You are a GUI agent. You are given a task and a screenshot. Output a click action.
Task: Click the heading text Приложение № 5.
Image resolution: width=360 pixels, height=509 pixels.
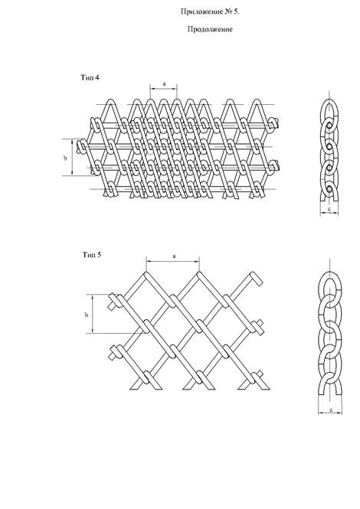pos(210,12)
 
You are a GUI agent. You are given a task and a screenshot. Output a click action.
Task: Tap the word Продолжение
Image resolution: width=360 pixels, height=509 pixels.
pos(210,29)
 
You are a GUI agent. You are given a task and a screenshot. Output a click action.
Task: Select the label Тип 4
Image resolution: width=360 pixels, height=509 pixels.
pos(90,77)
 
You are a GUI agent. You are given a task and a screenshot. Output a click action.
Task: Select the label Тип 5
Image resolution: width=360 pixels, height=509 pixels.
pos(92,255)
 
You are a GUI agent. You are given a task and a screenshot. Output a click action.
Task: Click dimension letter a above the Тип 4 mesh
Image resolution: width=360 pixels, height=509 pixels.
pos(164,83)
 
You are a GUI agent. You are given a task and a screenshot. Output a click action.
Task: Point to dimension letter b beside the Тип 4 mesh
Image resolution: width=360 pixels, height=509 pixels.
pos(65,158)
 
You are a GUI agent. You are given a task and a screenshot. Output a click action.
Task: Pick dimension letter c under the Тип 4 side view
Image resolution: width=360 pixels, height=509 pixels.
pos(329,210)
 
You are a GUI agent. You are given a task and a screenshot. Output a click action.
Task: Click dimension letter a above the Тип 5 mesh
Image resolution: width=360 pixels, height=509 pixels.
pos(174,256)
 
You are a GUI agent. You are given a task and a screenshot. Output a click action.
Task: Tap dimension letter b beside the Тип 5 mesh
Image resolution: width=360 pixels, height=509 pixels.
pos(86,315)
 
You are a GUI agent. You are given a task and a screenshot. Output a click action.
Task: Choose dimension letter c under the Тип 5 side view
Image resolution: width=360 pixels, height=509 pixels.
pos(330,410)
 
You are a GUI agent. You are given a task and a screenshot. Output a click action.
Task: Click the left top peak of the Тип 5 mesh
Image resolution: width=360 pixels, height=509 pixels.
pos(146,275)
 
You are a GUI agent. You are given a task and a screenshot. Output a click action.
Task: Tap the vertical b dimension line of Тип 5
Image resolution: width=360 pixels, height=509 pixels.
pos(93,314)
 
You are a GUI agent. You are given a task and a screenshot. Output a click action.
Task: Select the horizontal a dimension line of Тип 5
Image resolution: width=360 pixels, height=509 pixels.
pos(172,261)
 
